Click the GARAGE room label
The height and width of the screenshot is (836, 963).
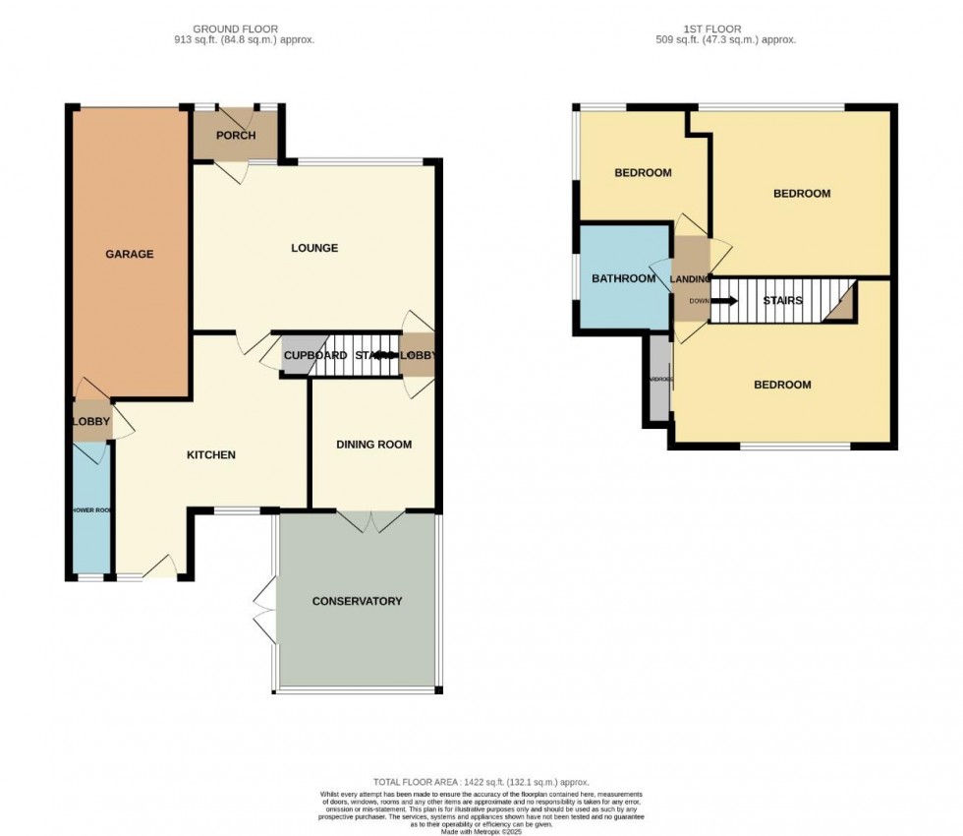tap(130, 254)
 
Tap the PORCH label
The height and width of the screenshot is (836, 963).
tap(236, 136)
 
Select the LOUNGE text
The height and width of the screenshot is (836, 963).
tap(314, 248)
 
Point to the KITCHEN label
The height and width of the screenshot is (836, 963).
tap(211, 454)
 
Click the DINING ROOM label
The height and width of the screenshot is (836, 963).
tap(373, 445)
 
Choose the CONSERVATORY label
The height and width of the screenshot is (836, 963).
tap(357, 601)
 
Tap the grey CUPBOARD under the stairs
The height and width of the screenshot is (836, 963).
tap(297, 356)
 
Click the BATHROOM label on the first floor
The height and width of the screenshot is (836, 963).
tap(623, 278)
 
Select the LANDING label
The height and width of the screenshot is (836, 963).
tap(690, 279)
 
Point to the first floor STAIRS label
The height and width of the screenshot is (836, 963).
tap(783, 300)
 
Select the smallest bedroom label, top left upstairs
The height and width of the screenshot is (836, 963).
tap(643, 173)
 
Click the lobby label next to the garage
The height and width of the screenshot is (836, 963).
tap(91, 422)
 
